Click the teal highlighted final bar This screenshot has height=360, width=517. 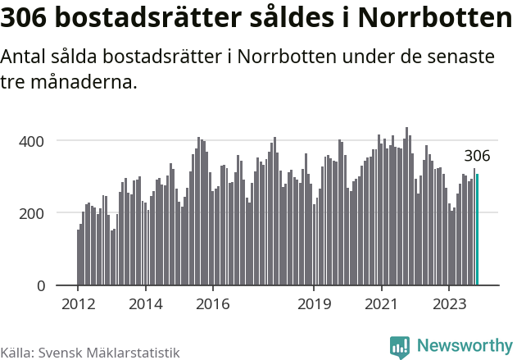pyautogui.click(x=477, y=230)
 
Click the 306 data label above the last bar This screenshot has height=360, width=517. pyautogui.click(x=477, y=156)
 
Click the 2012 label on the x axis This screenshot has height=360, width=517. pyautogui.click(x=78, y=303)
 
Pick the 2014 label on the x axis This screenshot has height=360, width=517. pyautogui.click(x=145, y=303)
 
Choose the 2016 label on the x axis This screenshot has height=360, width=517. pyautogui.click(x=212, y=303)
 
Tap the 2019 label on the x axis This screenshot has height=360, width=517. pyautogui.click(x=314, y=303)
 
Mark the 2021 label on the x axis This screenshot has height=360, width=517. pyautogui.click(x=381, y=303)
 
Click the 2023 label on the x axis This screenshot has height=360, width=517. pyautogui.click(x=448, y=303)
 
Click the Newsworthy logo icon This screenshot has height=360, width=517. pyautogui.click(x=400, y=347)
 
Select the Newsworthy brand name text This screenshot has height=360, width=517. pyautogui.click(x=464, y=346)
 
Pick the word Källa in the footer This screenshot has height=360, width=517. pyautogui.click(x=16, y=352)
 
